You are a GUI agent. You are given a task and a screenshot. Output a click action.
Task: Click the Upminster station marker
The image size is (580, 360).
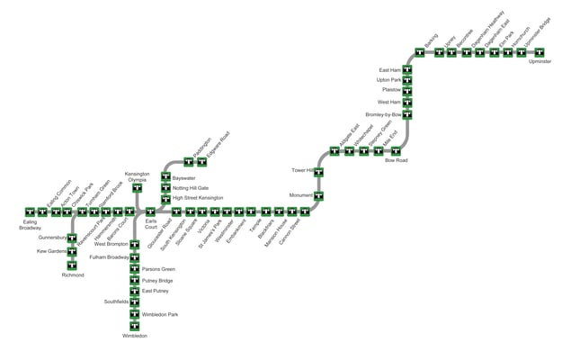(x=540, y=52)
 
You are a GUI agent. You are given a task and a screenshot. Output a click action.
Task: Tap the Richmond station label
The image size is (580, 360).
(x=72, y=275)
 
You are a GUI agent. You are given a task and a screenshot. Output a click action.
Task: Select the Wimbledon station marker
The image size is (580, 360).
(x=135, y=325)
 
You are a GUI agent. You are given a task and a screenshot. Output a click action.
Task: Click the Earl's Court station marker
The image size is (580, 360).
(x=150, y=211)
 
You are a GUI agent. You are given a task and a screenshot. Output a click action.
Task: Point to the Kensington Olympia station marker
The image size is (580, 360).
(x=138, y=188)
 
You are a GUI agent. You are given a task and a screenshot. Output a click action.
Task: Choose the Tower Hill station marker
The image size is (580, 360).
(x=318, y=169)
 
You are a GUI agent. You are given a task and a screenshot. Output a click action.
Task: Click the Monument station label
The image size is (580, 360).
(x=300, y=194)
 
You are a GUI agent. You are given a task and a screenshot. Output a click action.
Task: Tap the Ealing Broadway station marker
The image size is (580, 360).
(x=31, y=211)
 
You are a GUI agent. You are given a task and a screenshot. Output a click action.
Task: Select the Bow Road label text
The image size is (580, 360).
(x=396, y=160)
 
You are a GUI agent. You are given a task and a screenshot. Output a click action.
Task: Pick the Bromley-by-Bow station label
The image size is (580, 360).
(x=383, y=115)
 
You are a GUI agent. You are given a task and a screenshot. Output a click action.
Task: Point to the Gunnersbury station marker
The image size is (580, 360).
(x=72, y=238)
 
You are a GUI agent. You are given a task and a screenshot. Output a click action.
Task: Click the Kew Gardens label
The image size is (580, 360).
(x=51, y=251)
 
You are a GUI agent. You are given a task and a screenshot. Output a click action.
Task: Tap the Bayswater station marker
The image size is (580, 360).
(x=165, y=177)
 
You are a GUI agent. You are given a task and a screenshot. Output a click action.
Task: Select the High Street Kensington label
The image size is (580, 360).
(x=198, y=197)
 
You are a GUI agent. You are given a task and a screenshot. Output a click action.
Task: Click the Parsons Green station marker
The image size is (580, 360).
(x=135, y=269)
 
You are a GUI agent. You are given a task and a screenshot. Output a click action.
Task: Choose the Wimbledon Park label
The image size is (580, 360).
(x=160, y=314)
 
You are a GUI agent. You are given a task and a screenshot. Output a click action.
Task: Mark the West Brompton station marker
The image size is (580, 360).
(x=135, y=244)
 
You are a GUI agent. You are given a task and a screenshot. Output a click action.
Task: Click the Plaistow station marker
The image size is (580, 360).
(x=407, y=90)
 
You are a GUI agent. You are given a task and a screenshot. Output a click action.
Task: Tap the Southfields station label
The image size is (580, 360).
(x=116, y=301)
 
